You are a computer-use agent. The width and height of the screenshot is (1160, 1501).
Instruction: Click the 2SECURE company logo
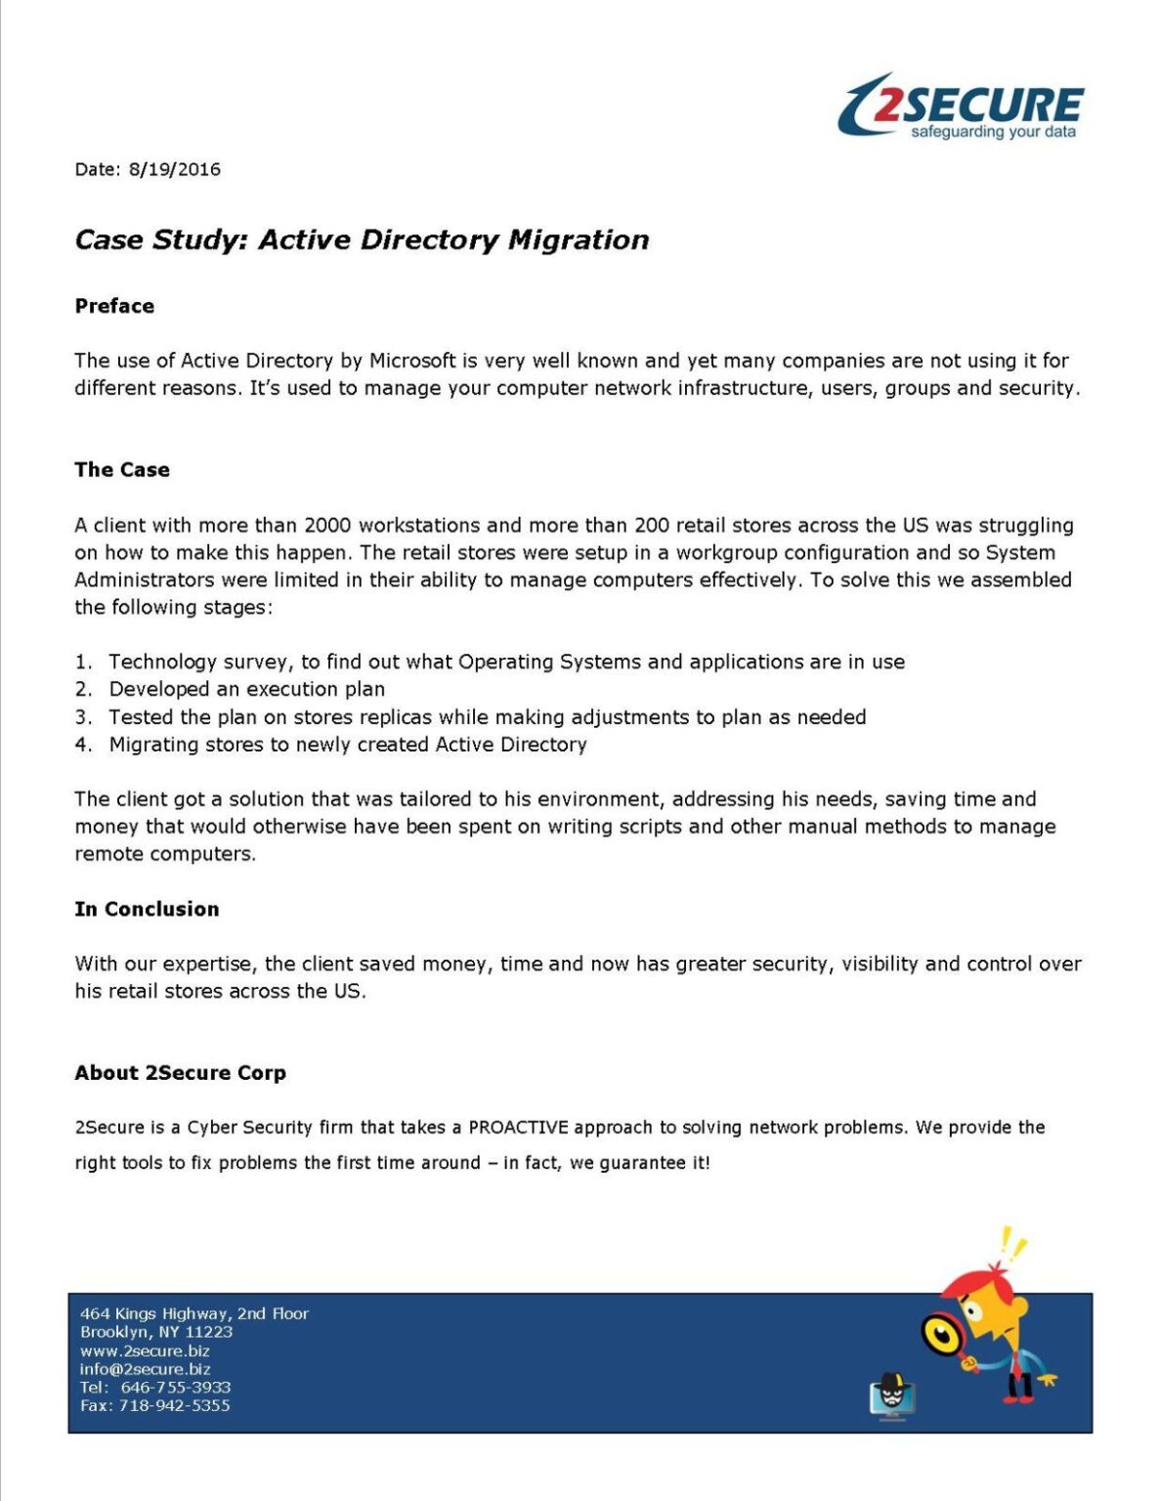(961, 107)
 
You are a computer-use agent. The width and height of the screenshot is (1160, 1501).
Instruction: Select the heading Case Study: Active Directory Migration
(362, 240)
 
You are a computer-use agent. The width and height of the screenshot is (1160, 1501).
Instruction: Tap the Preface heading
(114, 306)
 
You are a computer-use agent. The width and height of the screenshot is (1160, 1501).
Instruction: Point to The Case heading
(122, 470)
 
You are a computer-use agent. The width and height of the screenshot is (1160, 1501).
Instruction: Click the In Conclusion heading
(147, 909)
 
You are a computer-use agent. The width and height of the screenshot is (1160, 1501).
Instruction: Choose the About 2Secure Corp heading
(180, 1073)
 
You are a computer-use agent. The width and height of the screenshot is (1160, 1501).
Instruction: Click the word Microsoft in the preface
(411, 361)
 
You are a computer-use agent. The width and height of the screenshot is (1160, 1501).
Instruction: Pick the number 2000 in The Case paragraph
(328, 526)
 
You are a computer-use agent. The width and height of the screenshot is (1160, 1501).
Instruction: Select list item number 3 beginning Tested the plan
(487, 717)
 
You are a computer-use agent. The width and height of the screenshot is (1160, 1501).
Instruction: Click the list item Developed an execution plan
(246, 690)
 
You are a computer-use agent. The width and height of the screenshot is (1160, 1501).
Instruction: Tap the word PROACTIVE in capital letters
(518, 1128)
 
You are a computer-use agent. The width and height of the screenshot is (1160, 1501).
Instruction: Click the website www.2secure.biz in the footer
(145, 1351)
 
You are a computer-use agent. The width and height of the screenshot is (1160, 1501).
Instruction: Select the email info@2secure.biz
(145, 1369)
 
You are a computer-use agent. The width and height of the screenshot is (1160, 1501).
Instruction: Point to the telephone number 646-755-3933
(176, 1388)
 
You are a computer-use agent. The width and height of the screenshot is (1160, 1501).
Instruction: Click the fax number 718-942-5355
(174, 1406)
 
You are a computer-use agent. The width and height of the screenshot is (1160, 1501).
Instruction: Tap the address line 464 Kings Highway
(193, 1313)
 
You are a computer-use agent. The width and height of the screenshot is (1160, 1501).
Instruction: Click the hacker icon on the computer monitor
(891, 1395)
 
